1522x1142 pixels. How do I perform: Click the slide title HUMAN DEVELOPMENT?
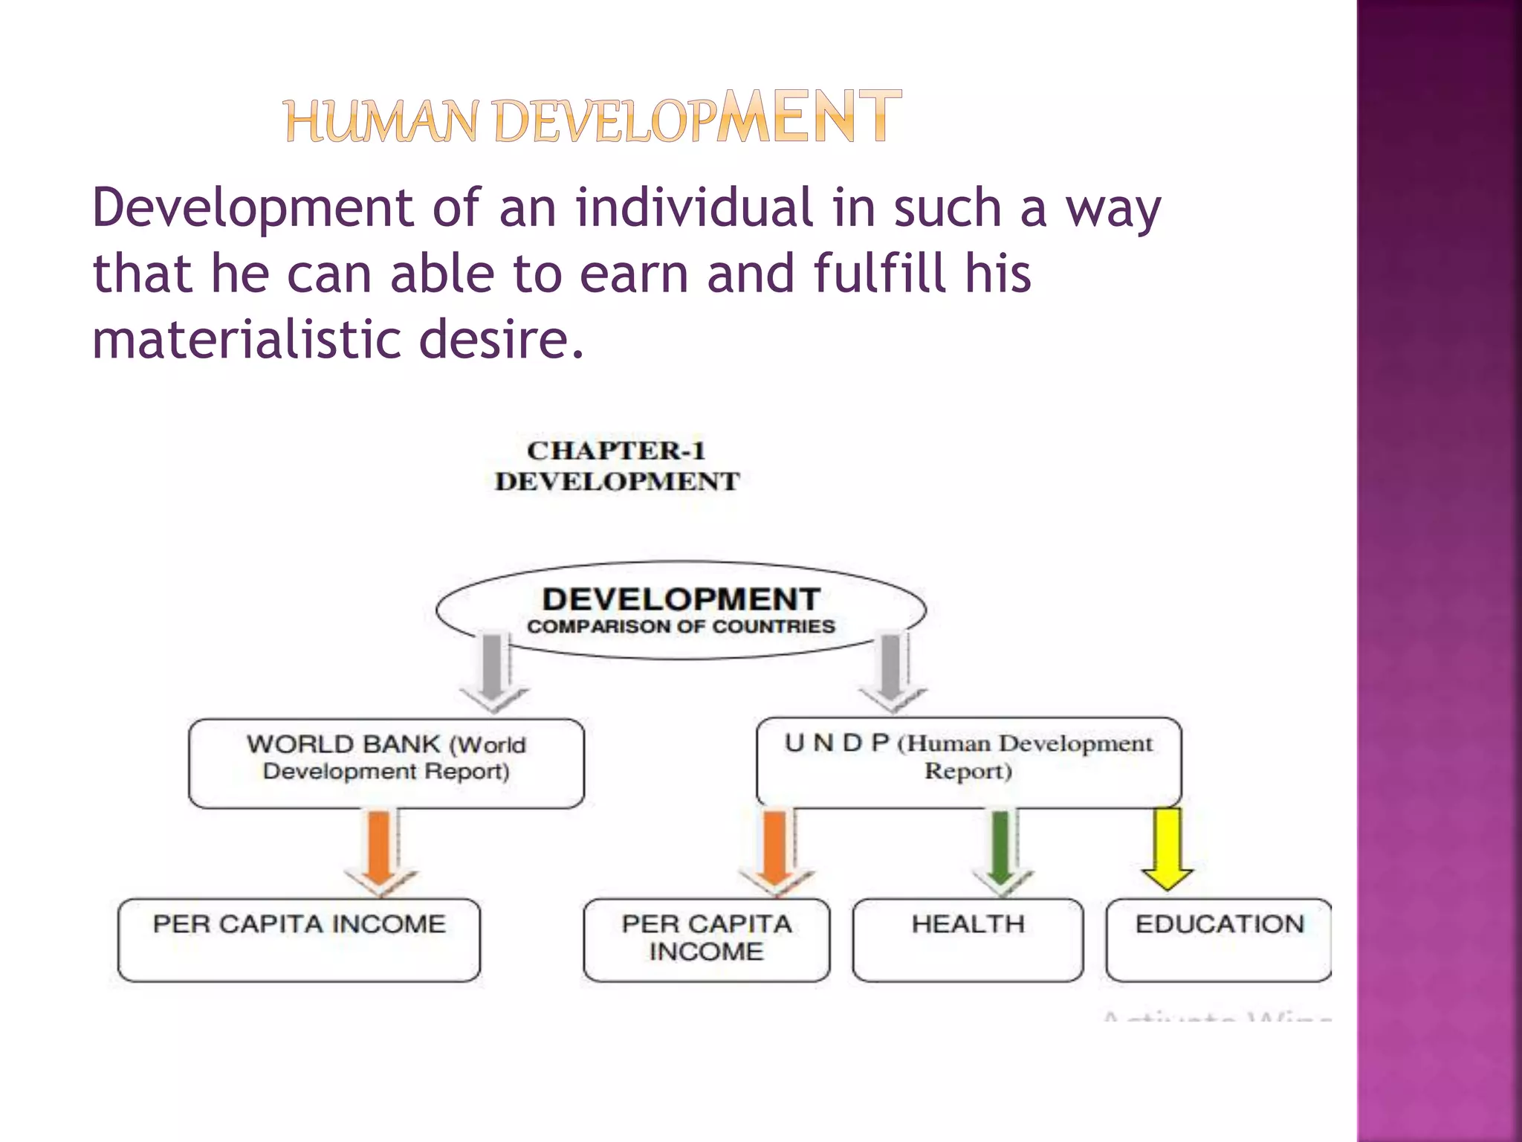point(592,117)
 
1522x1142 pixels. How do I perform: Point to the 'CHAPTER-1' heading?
point(616,451)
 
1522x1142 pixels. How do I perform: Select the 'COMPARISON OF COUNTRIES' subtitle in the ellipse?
point(681,627)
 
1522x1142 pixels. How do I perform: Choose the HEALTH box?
point(968,939)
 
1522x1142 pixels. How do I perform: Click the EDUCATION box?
point(1219,939)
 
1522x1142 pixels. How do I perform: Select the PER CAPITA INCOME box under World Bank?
point(299,939)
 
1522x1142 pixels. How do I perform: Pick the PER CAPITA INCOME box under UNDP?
point(706,939)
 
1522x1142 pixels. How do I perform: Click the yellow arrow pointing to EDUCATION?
point(1168,848)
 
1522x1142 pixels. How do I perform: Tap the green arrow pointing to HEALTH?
point(1001,851)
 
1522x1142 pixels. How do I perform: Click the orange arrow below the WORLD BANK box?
point(380,851)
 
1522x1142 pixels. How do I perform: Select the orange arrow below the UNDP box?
point(776,851)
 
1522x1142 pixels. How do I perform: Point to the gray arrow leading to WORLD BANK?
point(492,670)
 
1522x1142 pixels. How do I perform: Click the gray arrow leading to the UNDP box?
point(891,670)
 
